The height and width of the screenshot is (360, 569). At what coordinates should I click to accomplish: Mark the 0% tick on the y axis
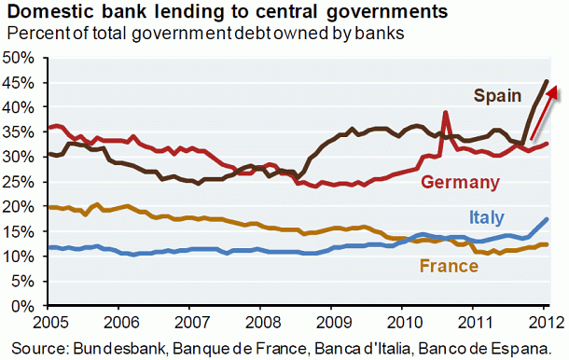(26, 306)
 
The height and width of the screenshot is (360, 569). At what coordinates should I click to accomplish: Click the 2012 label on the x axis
(543, 324)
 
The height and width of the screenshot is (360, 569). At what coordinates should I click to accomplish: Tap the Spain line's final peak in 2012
(546, 81)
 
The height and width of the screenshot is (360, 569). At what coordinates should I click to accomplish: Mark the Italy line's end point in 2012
(547, 219)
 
